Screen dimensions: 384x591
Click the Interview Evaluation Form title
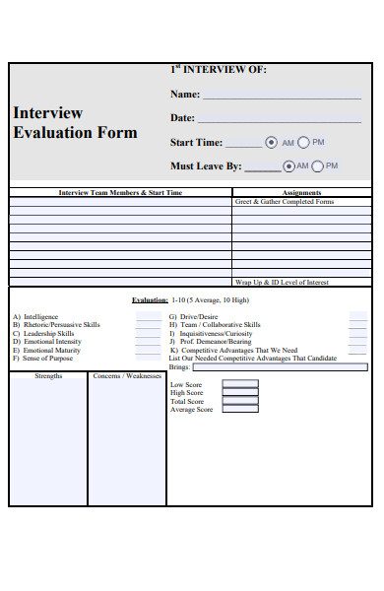click(75, 122)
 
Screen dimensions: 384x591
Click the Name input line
click(282, 97)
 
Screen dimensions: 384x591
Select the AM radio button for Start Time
click(272, 142)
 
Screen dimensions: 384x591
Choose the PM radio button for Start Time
click(303, 142)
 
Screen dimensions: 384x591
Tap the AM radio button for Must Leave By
click(288, 166)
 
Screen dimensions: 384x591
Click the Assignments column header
click(301, 193)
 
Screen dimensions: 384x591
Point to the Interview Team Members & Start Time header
click(120, 193)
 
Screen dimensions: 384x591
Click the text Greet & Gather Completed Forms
click(285, 202)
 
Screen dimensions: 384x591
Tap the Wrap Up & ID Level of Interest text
click(284, 283)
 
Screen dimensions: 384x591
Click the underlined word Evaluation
click(150, 299)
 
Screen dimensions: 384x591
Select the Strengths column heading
click(48, 376)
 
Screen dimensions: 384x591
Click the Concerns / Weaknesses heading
click(126, 376)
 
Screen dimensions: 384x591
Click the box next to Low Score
click(240, 384)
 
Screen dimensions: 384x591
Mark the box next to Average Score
click(240, 409)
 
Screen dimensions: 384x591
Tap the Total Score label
click(187, 402)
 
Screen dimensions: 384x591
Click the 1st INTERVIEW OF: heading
click(218, 70)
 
